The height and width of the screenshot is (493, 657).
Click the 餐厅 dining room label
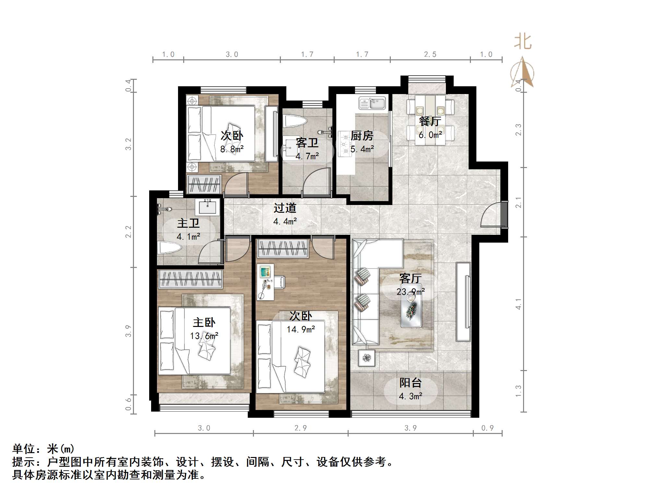click(x=430, y=121)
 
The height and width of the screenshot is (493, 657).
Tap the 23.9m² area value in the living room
click(x=410, y=292)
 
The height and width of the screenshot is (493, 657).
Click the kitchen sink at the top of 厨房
click(x=372, y=103)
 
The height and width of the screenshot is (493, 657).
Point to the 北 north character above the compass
click(x=523, y=42)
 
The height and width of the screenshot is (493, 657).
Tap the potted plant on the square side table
click(x=367, y=358)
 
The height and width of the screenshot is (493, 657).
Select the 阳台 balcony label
click(x=410, y=383)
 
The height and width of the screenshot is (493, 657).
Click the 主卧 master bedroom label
click(x=204, y=322)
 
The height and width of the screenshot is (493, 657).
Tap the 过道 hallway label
click(x=285, y=208)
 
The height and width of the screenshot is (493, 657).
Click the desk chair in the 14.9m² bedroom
click(x=279, y=282)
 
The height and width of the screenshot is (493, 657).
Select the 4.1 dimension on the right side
click(x=518, y=304)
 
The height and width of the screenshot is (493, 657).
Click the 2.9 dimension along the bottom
click(x=301, y=428)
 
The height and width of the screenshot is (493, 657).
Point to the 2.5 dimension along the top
click(x=430, y=54)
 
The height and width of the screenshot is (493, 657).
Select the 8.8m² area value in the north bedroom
click(x=232, y=149)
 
